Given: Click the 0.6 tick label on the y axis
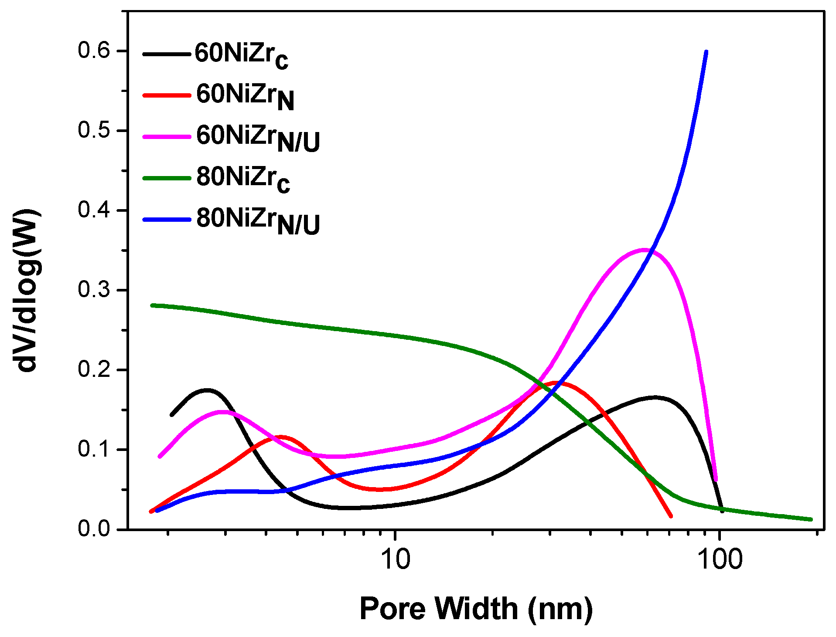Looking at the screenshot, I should pos(93,51).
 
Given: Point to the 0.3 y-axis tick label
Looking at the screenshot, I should pos(93,290).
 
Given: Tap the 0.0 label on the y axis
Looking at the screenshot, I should pos(93,529).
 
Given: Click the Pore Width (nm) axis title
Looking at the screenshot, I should pos(476,608).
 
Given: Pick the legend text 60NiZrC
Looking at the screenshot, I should pos(241,55).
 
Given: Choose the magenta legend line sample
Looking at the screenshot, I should pos(167,137).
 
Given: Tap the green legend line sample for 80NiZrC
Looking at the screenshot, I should pos(167,178).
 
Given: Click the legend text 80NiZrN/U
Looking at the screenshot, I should pos(258,220).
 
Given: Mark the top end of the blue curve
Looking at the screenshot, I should pos(706,52).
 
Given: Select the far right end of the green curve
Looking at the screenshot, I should pos(811,519).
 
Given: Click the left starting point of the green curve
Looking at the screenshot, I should pos(152,305).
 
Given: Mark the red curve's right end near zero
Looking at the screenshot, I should pos(671,516).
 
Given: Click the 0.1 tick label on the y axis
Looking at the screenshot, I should pos(93,449).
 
